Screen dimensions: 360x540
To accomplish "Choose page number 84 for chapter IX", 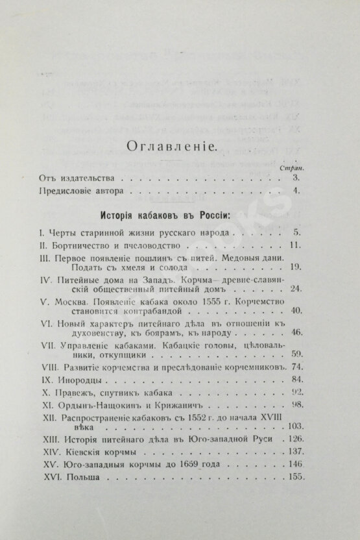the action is coord(295,378).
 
